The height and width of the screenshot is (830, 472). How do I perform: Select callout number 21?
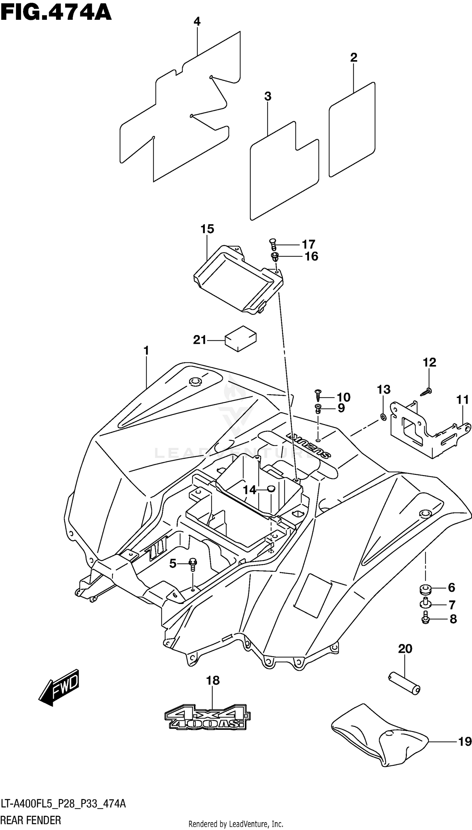200,340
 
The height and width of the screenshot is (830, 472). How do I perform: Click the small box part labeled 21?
240,338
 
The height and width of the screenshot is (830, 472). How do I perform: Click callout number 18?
213,680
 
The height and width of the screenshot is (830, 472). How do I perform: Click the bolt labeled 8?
425,619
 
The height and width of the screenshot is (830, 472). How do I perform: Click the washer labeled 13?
383,417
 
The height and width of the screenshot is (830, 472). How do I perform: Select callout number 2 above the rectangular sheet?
354,57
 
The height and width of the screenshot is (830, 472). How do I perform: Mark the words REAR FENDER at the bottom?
31,820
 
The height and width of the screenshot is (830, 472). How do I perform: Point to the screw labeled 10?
318,395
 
